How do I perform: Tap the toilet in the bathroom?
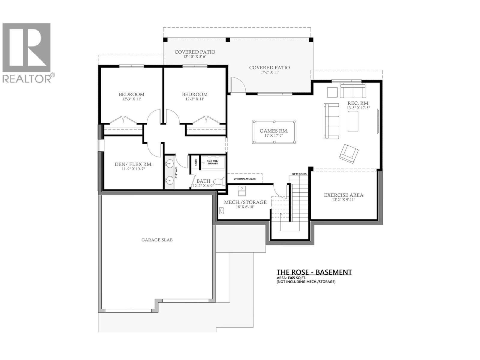pos(221,181)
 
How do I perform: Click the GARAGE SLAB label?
pos(157,240)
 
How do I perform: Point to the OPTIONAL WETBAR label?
pos(244,179)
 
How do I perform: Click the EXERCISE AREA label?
pos(343,195)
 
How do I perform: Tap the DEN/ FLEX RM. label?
pos(133,164)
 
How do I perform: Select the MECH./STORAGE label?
pos(245,202)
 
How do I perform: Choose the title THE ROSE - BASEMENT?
pos(314,272)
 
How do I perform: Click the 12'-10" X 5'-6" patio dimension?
pos(195,56)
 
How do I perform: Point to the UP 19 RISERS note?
pos(299,174)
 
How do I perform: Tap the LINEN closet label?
pos(196,162)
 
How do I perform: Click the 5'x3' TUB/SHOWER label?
pos(213,162)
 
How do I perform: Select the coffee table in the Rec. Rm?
pos(353,121)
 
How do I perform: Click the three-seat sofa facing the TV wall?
pos(331,121)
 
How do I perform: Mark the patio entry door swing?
pos(238,85)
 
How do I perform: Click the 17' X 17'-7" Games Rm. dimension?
pos(274,136)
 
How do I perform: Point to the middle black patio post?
pos(228,39)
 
